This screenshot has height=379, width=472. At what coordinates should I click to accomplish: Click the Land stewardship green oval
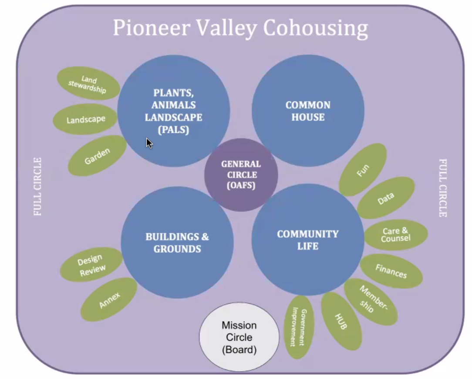click(88, 83)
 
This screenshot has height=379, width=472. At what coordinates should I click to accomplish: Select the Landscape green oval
click(85, 119)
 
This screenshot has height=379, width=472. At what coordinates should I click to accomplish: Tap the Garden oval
click(97, 155)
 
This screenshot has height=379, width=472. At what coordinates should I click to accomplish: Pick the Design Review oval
click(91, 265)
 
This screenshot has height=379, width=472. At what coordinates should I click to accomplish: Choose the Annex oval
click(109, 300)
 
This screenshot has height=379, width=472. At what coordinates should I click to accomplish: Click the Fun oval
click(363, 170)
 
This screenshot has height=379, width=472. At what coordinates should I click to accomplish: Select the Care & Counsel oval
click(396, 235)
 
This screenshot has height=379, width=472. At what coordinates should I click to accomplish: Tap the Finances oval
click(391, 271)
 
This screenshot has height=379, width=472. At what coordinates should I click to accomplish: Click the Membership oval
click(371, 302)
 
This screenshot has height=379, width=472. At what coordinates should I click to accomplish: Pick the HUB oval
click(341, 321)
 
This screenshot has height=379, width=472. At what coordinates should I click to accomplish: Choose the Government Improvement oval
click(299, 327)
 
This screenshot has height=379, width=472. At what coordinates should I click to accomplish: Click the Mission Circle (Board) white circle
click(239, 337)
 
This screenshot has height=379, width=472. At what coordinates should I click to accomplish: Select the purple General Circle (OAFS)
click(241, 175)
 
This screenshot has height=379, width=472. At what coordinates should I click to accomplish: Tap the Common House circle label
click(308, 111)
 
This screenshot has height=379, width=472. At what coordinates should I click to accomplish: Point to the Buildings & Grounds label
click(177, 242)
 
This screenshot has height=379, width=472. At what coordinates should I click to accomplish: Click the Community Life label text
click(308, 240)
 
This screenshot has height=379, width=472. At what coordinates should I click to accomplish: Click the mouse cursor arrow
click(149, 143)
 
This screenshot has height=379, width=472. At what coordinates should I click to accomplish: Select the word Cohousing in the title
click(316, 28)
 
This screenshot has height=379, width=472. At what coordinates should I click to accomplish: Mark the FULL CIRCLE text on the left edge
click(37, 187)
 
